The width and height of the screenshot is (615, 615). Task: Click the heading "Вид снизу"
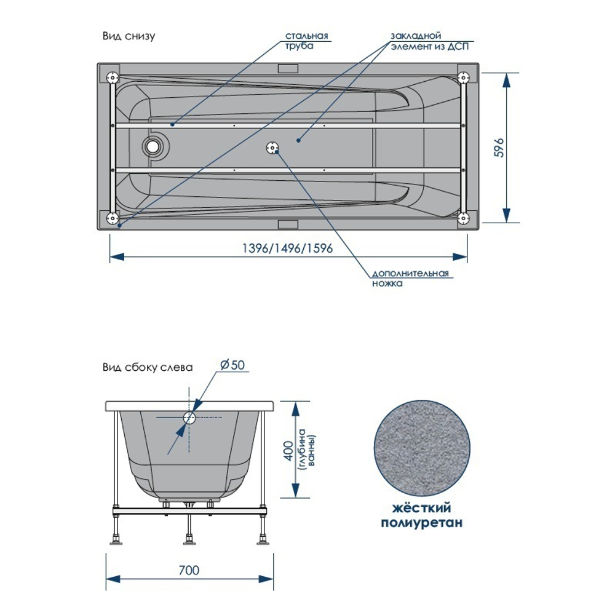129,36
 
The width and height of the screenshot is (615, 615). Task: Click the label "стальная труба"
306,41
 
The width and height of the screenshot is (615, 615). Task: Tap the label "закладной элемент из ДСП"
429,41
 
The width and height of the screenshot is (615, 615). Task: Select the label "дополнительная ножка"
410,278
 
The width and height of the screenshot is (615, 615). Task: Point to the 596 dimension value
499,148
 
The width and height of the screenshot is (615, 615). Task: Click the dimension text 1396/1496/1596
287,248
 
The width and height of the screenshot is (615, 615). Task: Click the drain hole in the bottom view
152,146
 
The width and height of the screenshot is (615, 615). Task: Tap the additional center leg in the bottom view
272,148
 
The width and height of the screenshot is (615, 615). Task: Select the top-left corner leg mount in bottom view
113,77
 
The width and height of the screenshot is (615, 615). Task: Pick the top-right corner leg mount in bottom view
464,77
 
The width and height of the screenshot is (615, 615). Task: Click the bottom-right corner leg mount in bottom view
464,218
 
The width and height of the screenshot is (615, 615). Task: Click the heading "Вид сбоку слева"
148,368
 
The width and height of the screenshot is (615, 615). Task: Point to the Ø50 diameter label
232,365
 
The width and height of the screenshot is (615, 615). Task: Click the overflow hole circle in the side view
189,418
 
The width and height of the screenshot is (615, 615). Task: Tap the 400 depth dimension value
288,451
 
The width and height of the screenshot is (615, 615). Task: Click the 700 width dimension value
189,570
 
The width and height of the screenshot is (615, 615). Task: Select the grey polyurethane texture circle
422,448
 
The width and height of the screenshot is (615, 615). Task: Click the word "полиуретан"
422,523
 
